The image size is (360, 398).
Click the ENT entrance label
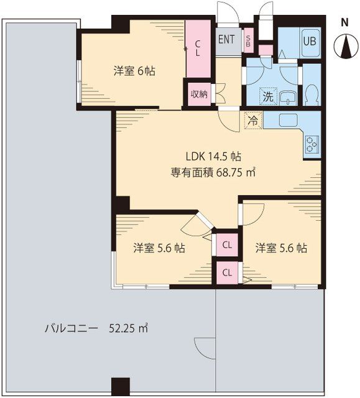click(x=226, y=39)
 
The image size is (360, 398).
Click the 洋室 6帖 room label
click(x=134, y=71)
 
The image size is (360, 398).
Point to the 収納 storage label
click(x=199, y=95)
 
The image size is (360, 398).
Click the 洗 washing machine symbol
click(x=267, y=96)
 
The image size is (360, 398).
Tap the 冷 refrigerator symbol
click(x=253, y=120)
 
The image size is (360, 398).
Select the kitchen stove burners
click(x=311, y=144)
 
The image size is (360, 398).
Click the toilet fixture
click(x=312, y=94)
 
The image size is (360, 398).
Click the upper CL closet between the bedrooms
click(x=228, y=244)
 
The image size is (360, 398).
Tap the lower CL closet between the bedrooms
click(x=228, y=272)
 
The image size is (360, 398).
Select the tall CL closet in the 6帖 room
click(x=198, y=49)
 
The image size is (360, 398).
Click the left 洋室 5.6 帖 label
click(x=159, y=248)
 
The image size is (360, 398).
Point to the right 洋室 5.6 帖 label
click(x=281, y=248)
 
